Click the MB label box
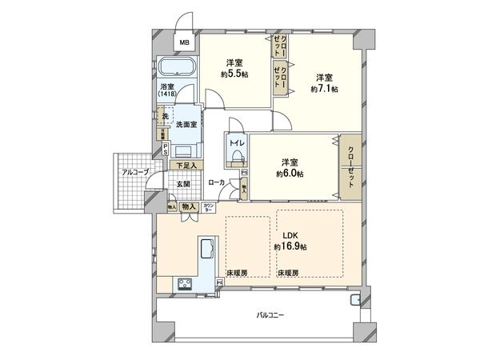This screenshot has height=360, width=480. coord(182,43)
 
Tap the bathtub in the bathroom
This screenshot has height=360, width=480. coord(178,68)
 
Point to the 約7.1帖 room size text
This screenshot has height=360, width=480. coord(324,83)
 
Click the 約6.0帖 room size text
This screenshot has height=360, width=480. coord(290,166)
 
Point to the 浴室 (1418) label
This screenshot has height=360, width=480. coord(166,90)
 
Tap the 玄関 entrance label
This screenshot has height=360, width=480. coord(183,183)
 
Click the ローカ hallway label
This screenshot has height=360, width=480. coord(216,183)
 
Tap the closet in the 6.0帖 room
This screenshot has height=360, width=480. coord(350,165)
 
